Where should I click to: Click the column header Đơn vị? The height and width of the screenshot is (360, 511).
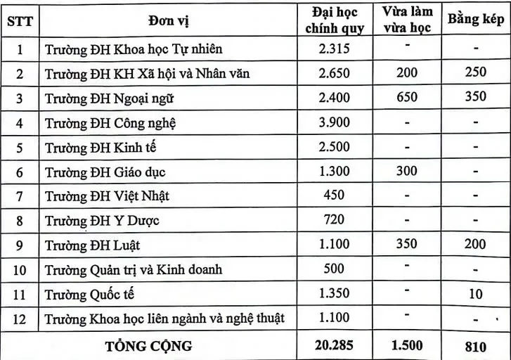point(168,20)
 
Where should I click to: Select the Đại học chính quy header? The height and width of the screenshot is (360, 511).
point(333,20)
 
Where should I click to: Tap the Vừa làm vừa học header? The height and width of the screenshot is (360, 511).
point(407,20)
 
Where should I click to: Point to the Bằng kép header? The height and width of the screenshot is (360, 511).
point(476,20)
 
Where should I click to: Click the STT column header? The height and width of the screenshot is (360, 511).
point(20,20)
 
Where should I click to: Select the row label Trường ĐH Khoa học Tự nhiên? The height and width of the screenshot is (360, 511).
point(134,49)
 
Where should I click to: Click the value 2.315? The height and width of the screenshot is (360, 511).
point(333,48)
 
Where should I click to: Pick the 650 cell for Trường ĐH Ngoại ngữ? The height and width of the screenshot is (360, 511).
point(407,97)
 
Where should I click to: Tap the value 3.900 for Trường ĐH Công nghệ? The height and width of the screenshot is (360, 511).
point(333,122)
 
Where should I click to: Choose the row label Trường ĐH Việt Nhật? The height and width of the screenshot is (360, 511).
point(108,195)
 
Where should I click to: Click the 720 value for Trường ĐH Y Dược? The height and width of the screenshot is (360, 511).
point(333,219)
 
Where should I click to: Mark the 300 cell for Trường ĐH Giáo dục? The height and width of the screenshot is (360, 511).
point(407,170)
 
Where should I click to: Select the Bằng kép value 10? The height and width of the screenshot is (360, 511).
point(476,294)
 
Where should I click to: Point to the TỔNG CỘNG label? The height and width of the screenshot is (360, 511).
point(148,345)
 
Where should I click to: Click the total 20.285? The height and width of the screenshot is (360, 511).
point(333,345)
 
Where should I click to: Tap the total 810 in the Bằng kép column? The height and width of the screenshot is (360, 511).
point(476,346)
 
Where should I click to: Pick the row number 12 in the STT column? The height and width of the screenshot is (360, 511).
point(20,319)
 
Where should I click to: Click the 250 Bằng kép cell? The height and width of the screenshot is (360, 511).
point(476,72)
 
